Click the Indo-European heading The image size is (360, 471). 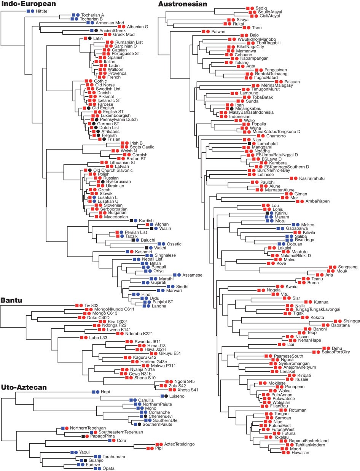(x=28, y=4)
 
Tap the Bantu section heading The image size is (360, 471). (x=11, y=301)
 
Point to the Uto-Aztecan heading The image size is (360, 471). (x=24, y=387)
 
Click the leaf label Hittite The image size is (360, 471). (x=41, y=12)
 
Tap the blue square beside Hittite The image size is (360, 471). (x=29, y=12)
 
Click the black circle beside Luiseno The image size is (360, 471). (x=166, y=396)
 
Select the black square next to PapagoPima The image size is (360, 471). (x=83, y=436)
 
